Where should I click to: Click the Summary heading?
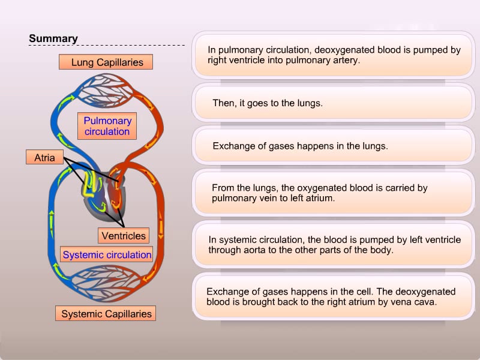coord(53,39)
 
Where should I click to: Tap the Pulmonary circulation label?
coord(107,126)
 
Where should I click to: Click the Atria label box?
coord(44,158)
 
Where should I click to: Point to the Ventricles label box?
coord(124,236)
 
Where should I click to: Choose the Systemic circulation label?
coord(107,255)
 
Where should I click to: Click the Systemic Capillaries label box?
coord(107,314)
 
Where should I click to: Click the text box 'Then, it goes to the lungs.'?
coord(332,103)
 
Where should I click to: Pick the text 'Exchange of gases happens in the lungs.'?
coord(300,146)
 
